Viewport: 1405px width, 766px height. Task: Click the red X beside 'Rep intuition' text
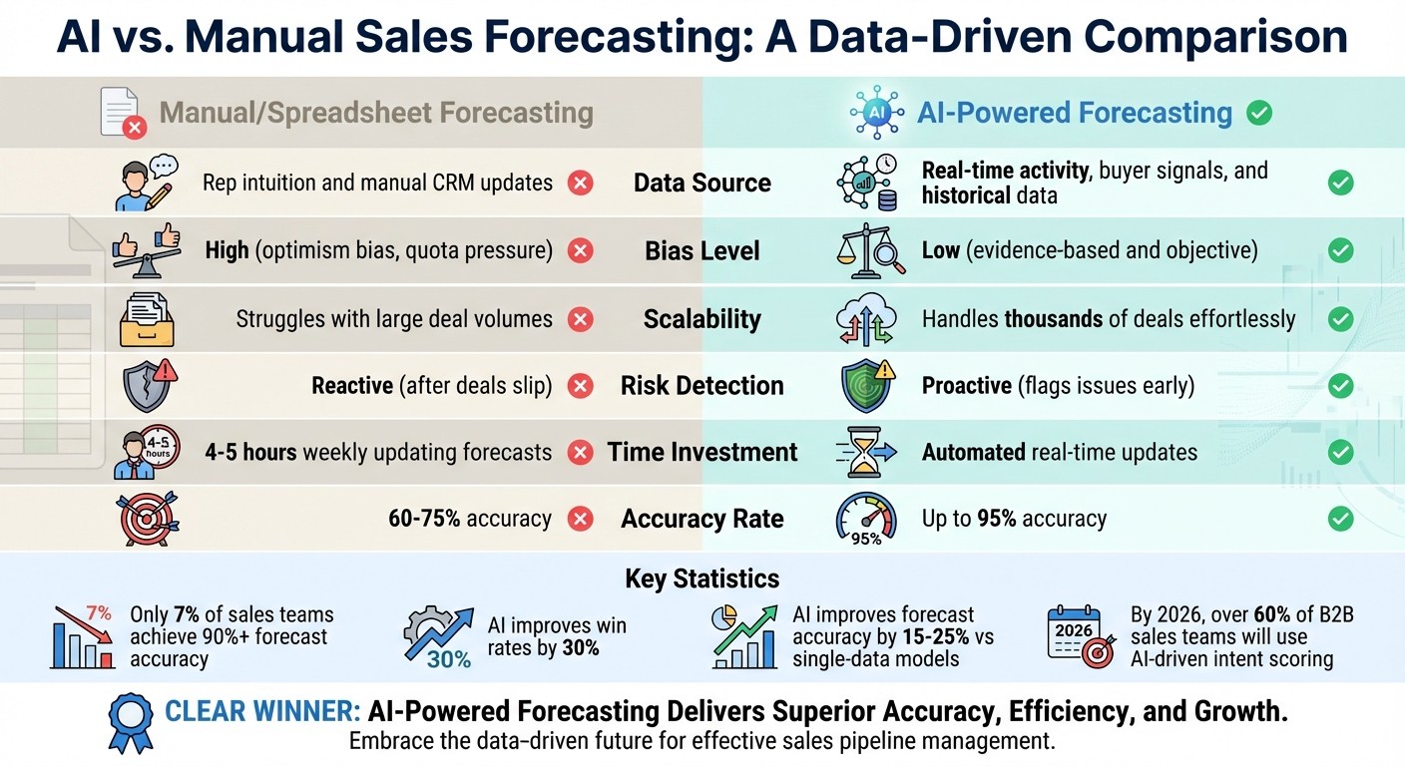click(580, 183)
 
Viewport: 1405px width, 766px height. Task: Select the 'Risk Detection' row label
click(702, 385)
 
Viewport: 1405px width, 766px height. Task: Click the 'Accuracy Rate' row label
click(702, 519)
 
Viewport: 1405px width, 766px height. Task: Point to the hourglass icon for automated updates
click(865, 451)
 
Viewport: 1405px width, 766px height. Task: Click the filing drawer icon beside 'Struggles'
click(147, 318)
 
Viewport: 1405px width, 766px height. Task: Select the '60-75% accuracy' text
click(469, 519)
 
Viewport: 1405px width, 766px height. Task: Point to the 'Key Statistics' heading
click(702, 578)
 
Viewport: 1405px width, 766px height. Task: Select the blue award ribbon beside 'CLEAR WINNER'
click(132, 720)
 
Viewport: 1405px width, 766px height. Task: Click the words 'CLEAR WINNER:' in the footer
click(262, 711)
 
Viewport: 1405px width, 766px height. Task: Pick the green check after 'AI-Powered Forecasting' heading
click(1259, 113)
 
